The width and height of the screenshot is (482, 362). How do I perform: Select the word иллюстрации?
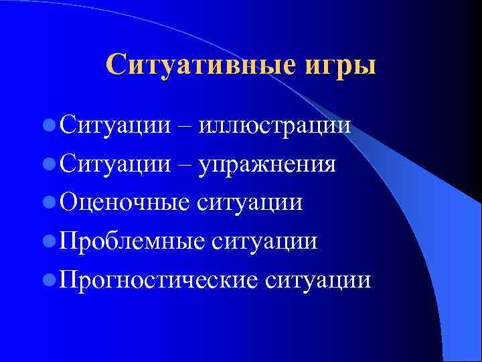pyautogui.click(x=275, y=125)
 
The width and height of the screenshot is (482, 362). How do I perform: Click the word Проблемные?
pyautogui.click(x=132, y=240)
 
